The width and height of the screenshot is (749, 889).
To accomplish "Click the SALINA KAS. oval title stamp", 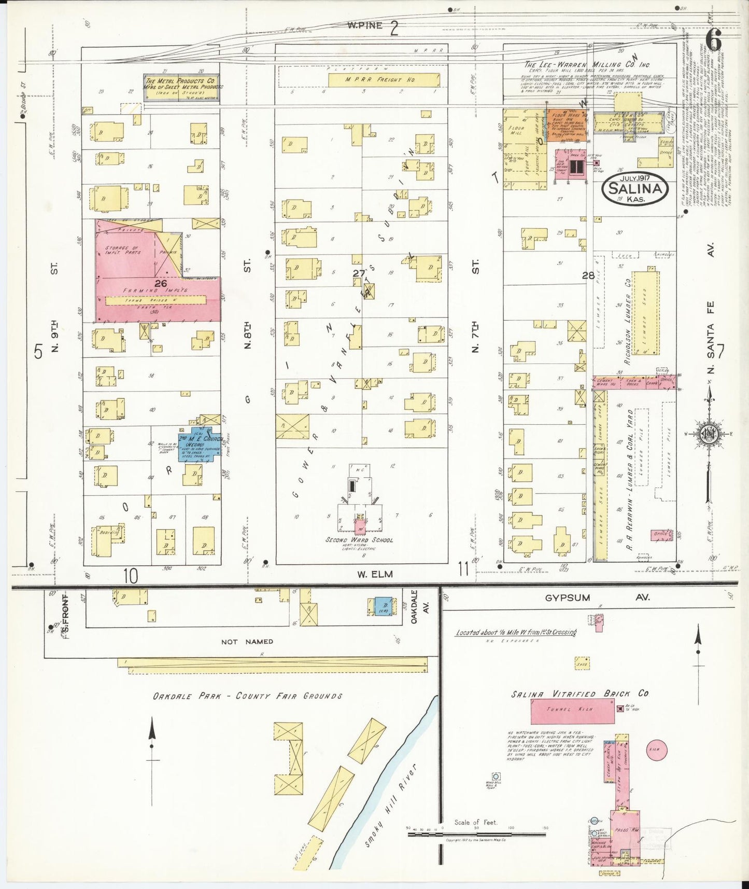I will click(635, 189).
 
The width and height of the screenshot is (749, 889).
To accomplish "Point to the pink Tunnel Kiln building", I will click(572, 711).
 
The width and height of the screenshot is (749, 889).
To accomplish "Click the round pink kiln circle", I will click(656, 749).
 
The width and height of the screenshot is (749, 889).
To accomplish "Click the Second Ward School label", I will click(359, 539).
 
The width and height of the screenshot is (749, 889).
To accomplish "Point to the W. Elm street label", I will click(375, 574).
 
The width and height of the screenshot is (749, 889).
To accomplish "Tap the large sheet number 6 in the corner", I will click(714, 38).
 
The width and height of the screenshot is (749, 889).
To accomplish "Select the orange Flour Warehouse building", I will click(567, 125).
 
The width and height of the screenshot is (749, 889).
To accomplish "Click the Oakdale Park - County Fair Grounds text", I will click(247, 696).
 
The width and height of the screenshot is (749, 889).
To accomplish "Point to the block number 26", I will click(161, 283).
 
